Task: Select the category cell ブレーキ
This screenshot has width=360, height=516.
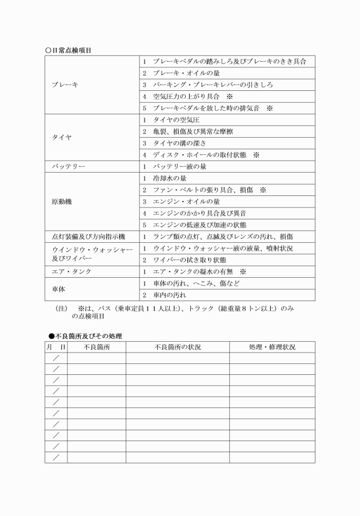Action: point(65,85)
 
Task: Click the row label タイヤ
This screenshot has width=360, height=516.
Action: point(62,138)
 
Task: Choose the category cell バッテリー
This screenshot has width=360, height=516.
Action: point(69,166)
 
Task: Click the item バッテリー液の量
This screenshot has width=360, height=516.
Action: point(179,166)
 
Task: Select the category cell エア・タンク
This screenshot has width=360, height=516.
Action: point(71,271)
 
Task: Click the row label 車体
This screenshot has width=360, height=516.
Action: point(58,289)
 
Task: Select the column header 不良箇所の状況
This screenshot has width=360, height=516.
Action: point(178,347)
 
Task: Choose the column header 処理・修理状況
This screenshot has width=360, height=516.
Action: point(272,347)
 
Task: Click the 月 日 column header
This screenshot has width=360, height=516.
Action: point(56,347)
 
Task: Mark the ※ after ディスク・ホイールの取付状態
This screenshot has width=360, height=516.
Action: point(256,155)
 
